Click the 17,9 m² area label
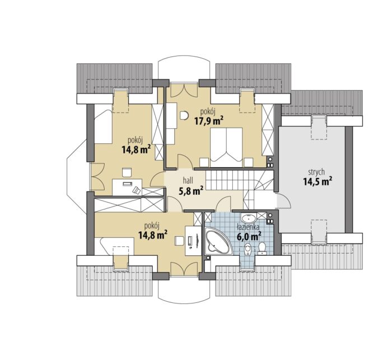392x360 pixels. (209, 121)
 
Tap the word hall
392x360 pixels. (188, 180)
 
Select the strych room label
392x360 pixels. (316, 172)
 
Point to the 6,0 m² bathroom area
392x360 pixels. (249, 236)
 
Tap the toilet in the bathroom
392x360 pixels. (262, 249)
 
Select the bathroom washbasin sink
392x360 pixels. (249, 218)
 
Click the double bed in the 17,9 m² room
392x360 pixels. (226, 147)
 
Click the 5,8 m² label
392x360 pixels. (190, 191)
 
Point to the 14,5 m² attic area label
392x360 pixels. (318, 181)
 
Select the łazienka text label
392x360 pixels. (248, 227)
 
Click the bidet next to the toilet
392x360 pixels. (248, 250)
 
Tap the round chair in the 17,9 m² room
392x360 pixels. (184, 115)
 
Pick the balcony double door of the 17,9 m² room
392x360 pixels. (184, 90)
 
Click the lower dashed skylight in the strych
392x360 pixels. (319, 231)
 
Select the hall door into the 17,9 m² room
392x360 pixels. (185, 162)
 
